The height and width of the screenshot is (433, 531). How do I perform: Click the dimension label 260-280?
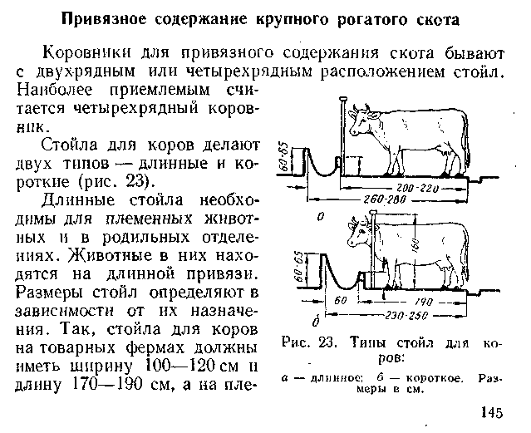click(x=386, y=202)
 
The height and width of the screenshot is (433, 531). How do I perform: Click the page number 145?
click(x=492, y=413)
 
